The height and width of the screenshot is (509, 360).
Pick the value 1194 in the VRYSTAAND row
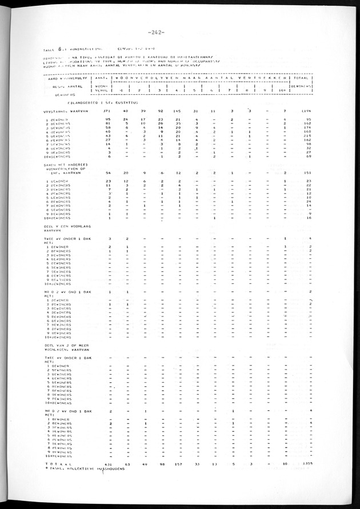[x=305, y=110]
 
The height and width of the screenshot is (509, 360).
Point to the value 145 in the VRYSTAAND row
[x=178, y=110]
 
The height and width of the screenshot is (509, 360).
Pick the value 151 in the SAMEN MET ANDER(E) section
[x=306, y=171]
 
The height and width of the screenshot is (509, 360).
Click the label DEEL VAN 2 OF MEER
[x=65, y=344]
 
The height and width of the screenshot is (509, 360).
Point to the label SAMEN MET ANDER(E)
[x=66, y=163]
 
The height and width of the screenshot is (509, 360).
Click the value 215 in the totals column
[x=306, y=135]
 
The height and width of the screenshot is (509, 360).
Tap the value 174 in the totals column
[x=306, y=127]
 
